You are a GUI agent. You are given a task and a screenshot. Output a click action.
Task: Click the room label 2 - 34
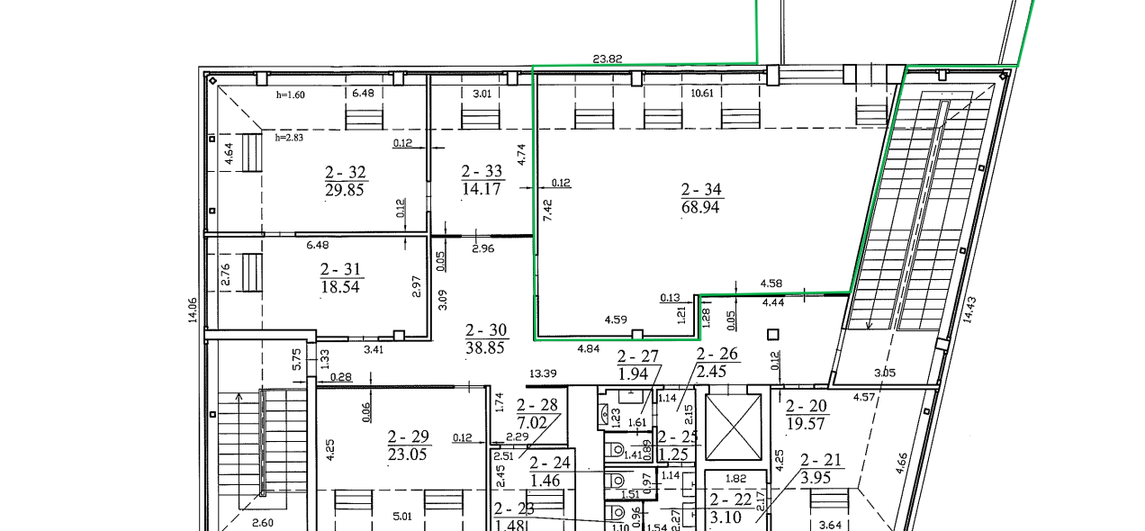pos(701,190)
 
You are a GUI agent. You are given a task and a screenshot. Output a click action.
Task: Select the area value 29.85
pos(345,190)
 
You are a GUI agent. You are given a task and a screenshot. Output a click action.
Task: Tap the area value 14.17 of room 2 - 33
pos(482,189)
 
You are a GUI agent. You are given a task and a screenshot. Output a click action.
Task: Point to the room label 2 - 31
pos(340,269)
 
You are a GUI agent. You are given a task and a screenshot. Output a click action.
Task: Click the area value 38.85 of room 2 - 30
pos(485,348)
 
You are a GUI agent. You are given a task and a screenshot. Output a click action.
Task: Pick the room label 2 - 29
pos(408,436)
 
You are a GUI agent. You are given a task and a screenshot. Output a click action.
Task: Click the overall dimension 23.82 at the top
pos(608,58)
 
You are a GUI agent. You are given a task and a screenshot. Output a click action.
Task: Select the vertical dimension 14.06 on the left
pos(193,310)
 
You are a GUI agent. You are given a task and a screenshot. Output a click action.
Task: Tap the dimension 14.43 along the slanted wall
pos(969,310)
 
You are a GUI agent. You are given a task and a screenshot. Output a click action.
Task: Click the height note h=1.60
pos(291,94)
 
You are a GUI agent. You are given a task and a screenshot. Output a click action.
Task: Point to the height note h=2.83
pos(289,138)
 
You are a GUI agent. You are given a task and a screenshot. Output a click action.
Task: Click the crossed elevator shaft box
pos(734,427)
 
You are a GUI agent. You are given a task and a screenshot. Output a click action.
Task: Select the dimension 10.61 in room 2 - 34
pos(702,93)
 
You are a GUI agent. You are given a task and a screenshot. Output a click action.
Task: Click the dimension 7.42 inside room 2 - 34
pos(547,210)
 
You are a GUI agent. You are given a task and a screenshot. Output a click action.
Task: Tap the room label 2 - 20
pos(807,406)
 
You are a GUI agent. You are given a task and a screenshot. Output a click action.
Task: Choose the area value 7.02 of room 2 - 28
pos(532,423)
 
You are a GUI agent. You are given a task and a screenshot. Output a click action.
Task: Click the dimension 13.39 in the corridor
pos(543,373)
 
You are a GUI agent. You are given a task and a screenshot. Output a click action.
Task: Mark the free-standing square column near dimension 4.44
pos(773,335)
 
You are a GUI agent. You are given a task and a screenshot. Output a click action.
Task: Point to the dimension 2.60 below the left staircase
pos(263,523)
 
